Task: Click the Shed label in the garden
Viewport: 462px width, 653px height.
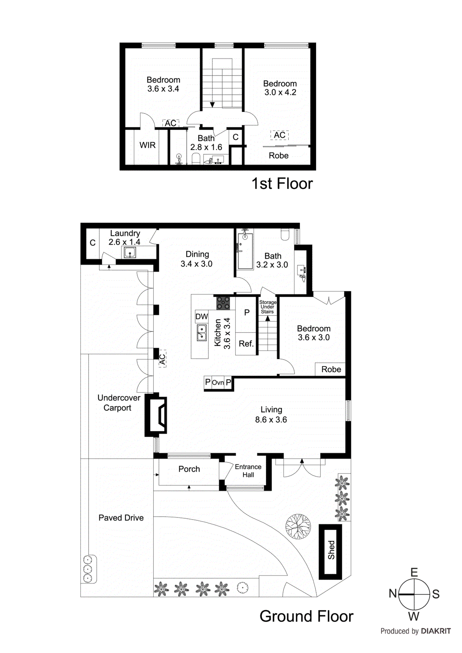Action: pyautogui.click(x=331, y=550)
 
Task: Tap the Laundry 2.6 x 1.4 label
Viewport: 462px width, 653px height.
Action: pyautogui.click(x=125, y=238)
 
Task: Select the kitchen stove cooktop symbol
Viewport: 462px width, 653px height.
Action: pyautogui.click(x=223, y=303)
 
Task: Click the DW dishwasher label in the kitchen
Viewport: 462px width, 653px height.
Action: pyautogui.click(x=201, y=316)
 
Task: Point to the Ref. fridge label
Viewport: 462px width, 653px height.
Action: pyautogui.click(x=246, y=344)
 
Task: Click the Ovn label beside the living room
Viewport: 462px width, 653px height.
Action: pyautogui.click(x=218, y=382)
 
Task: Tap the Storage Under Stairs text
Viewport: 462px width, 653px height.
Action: pyautogui.click(x=268, y=307)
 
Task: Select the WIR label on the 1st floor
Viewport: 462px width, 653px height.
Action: pyautogui.click(x=147, y=145)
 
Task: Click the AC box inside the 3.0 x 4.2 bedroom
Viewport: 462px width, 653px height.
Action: pyautogui.click(x=279, y=135)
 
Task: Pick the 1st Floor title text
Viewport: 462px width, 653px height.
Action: pyautogui.click(x=282, y=184)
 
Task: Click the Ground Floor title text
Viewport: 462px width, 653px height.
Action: pyautogui.click(x=306, y=616)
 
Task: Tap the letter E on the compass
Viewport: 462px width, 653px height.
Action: pyautogui.click(x=414, y=572)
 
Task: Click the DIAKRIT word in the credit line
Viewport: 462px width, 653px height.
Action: pyautogui.click(x=435, y=631)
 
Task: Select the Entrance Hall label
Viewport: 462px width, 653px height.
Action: pyautogui.click(x=248, y=471)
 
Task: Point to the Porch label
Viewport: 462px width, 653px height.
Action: pyautogui.click(x=189, y=469)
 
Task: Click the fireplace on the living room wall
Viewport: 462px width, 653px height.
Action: pyautogui.click(x=156, y=415)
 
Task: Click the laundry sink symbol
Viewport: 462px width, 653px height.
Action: pyautogui.click(x=130, y=253)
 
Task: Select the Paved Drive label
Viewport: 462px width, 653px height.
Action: pyautogui.click(x=121, y=518)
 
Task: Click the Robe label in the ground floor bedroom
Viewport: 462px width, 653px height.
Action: pyautogui.click(x=331, y=369)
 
